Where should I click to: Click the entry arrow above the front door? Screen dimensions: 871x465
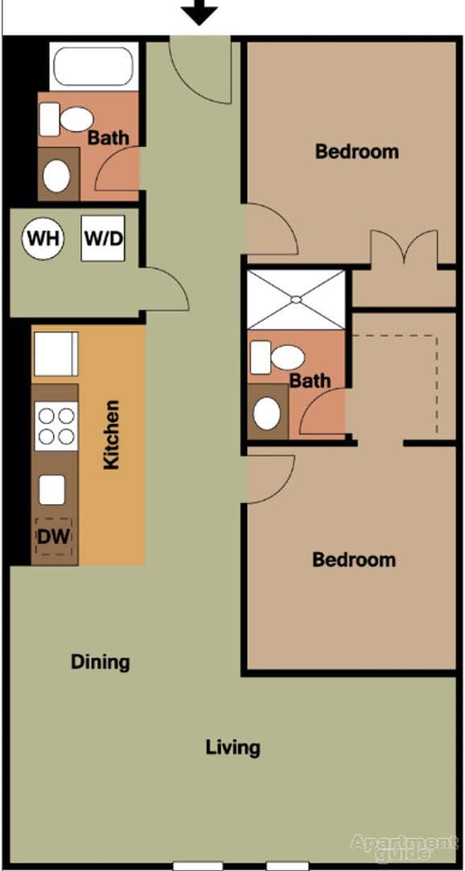(x=198, y=11)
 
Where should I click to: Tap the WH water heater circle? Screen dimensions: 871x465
(x=42, y=239)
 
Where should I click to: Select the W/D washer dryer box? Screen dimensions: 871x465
(x=103, y=239)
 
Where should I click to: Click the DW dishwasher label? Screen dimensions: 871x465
(x=53, y=535)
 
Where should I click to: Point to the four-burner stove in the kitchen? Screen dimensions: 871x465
(x=56, y=426)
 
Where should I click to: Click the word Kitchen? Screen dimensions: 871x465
(x=111, y=435)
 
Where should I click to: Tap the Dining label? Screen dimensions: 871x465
(x=100, y=662)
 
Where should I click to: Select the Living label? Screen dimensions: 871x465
(x=233, y=747)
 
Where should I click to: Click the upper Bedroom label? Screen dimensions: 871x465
(x=356, y=151)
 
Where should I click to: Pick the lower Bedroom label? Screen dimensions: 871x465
(x=354, y=559)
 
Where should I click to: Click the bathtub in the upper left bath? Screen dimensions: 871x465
(x=90, y=68)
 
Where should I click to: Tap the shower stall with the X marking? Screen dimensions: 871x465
(x=296, y=299)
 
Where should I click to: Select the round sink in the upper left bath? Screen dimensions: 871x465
(x=56, y=175)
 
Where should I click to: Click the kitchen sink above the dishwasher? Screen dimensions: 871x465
(x=52, y=490)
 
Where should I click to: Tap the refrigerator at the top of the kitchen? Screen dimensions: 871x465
(x=55, y=354)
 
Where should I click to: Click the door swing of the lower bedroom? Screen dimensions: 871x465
(x=270, y=479)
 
